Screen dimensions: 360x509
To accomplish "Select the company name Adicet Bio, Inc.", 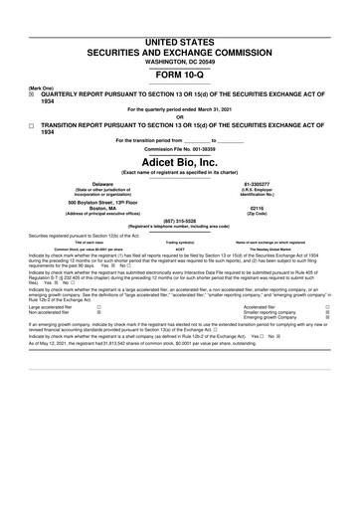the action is coord(179,161).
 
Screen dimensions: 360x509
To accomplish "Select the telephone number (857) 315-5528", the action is coord(179,222).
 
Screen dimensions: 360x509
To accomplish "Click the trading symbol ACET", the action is coord(179,250).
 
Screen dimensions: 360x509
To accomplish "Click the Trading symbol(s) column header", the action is coord(179,242).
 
